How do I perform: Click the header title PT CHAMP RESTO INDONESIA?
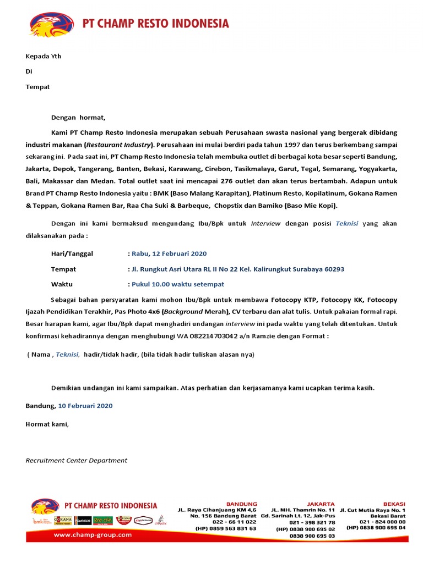(x=155, y=24)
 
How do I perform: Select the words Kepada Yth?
(x=44, y=56)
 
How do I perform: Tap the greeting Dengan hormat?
(x=78, y=117)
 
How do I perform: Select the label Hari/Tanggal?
(x=72, y=253)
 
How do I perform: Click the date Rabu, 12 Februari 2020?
(x=169, y=253)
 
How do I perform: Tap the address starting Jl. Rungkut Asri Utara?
(x=237, y=269)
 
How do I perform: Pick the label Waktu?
(x=62, y=284)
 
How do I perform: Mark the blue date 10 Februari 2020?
(x=85, y=406)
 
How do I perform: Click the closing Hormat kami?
(x=47, y=424)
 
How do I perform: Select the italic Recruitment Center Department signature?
(x=77, y=460)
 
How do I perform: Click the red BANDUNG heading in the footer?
(x=242, y=504)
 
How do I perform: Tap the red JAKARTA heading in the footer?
(x=321, y=504)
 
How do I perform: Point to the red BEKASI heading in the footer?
(x=394, y=504)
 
